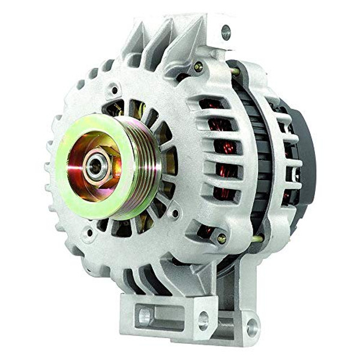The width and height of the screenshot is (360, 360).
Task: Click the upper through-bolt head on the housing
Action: (x=198, y=67)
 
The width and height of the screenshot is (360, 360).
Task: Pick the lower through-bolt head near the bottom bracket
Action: (x=221, y=238)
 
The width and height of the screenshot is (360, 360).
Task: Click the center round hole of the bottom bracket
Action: (x=202, y=319)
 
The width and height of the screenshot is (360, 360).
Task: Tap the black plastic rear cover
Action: (x=307, y=150)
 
